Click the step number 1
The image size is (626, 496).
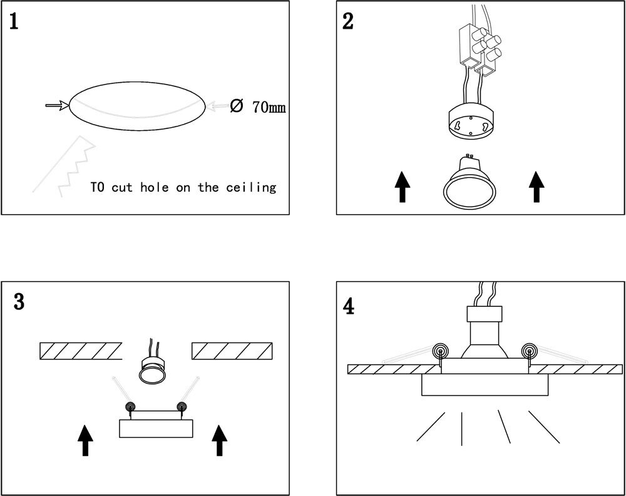(14, 22)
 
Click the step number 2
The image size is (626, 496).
(349, 21)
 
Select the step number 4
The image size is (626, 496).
(349, 306)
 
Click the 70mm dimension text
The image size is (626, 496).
(269, 107)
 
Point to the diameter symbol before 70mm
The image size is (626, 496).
(237, 106)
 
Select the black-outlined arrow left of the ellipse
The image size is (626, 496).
(57, 106)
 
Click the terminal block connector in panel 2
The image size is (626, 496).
(478, 45)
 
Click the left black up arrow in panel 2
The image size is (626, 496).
(402, 187)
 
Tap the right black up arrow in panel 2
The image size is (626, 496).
(535, 187)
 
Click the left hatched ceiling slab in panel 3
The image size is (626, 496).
(80, 351)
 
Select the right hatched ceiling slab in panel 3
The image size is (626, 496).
(232, 351)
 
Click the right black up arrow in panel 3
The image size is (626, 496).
(219, 440)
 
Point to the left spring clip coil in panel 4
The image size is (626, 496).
(441, 351)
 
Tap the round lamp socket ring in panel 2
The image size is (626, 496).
(471, 123)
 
